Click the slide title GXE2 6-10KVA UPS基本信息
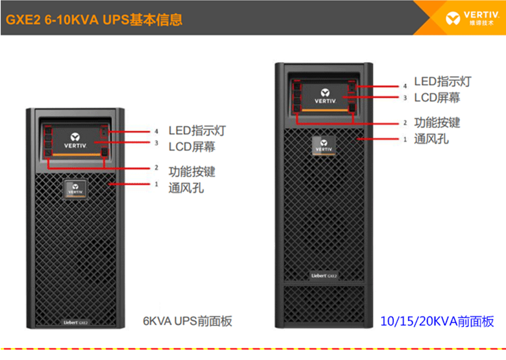click(x=94, y=20)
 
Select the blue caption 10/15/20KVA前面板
click(x=437, y=322)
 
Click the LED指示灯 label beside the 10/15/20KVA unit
click(x=443, y=82)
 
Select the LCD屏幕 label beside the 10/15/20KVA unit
click(x=437, y=97)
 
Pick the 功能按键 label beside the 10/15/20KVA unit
click(x=437, y=123)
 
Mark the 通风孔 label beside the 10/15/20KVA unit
click(x=431, y=140)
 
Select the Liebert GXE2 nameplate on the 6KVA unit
click(x=76, y=322)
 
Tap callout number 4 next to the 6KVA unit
click(x=156, y=131)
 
